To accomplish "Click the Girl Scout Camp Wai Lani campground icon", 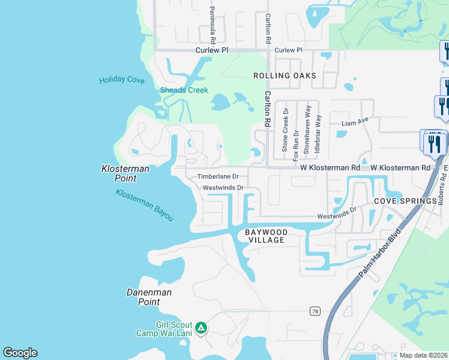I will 202,328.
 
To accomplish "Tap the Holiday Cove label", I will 122,80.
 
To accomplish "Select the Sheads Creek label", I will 184,91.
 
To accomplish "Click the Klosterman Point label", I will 125,174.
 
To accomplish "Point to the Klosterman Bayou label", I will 145,205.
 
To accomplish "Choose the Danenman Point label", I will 149,297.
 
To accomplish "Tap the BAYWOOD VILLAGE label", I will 267,236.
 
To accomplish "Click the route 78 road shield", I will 315,311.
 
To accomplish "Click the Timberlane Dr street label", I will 218,177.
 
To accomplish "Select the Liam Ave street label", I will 354,123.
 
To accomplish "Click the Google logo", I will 20,353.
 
